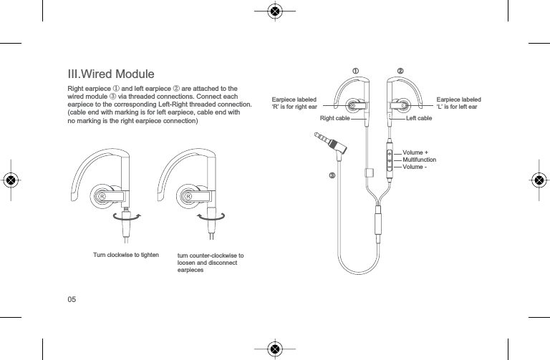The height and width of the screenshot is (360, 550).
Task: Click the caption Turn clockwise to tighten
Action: [127, 255]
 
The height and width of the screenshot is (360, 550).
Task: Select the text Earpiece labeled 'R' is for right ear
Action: [294, 104]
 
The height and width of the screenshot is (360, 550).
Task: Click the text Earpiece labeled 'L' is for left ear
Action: [458, 104]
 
